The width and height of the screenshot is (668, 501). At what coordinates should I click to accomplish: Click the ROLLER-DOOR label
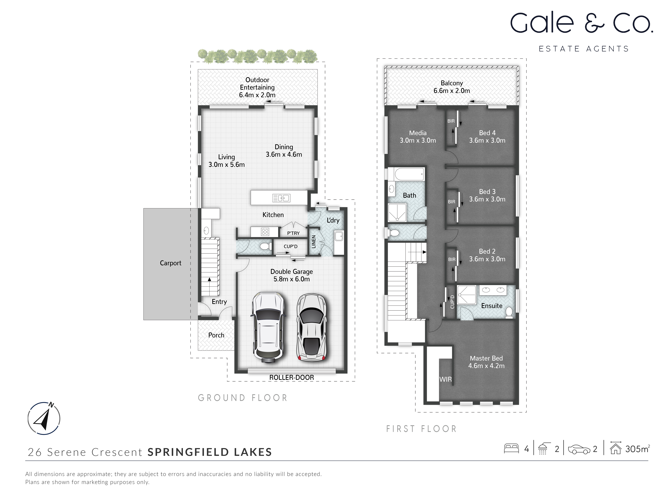(291, 377)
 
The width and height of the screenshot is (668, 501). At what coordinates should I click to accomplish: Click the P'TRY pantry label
(293, 233)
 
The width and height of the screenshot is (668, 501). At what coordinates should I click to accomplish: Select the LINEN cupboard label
(313, 242)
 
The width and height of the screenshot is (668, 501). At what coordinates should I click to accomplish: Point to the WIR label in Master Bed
(445, 379)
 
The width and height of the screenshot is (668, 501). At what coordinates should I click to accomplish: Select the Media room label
(418, 133)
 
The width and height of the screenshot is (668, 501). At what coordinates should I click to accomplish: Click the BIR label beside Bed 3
(451, 202)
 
